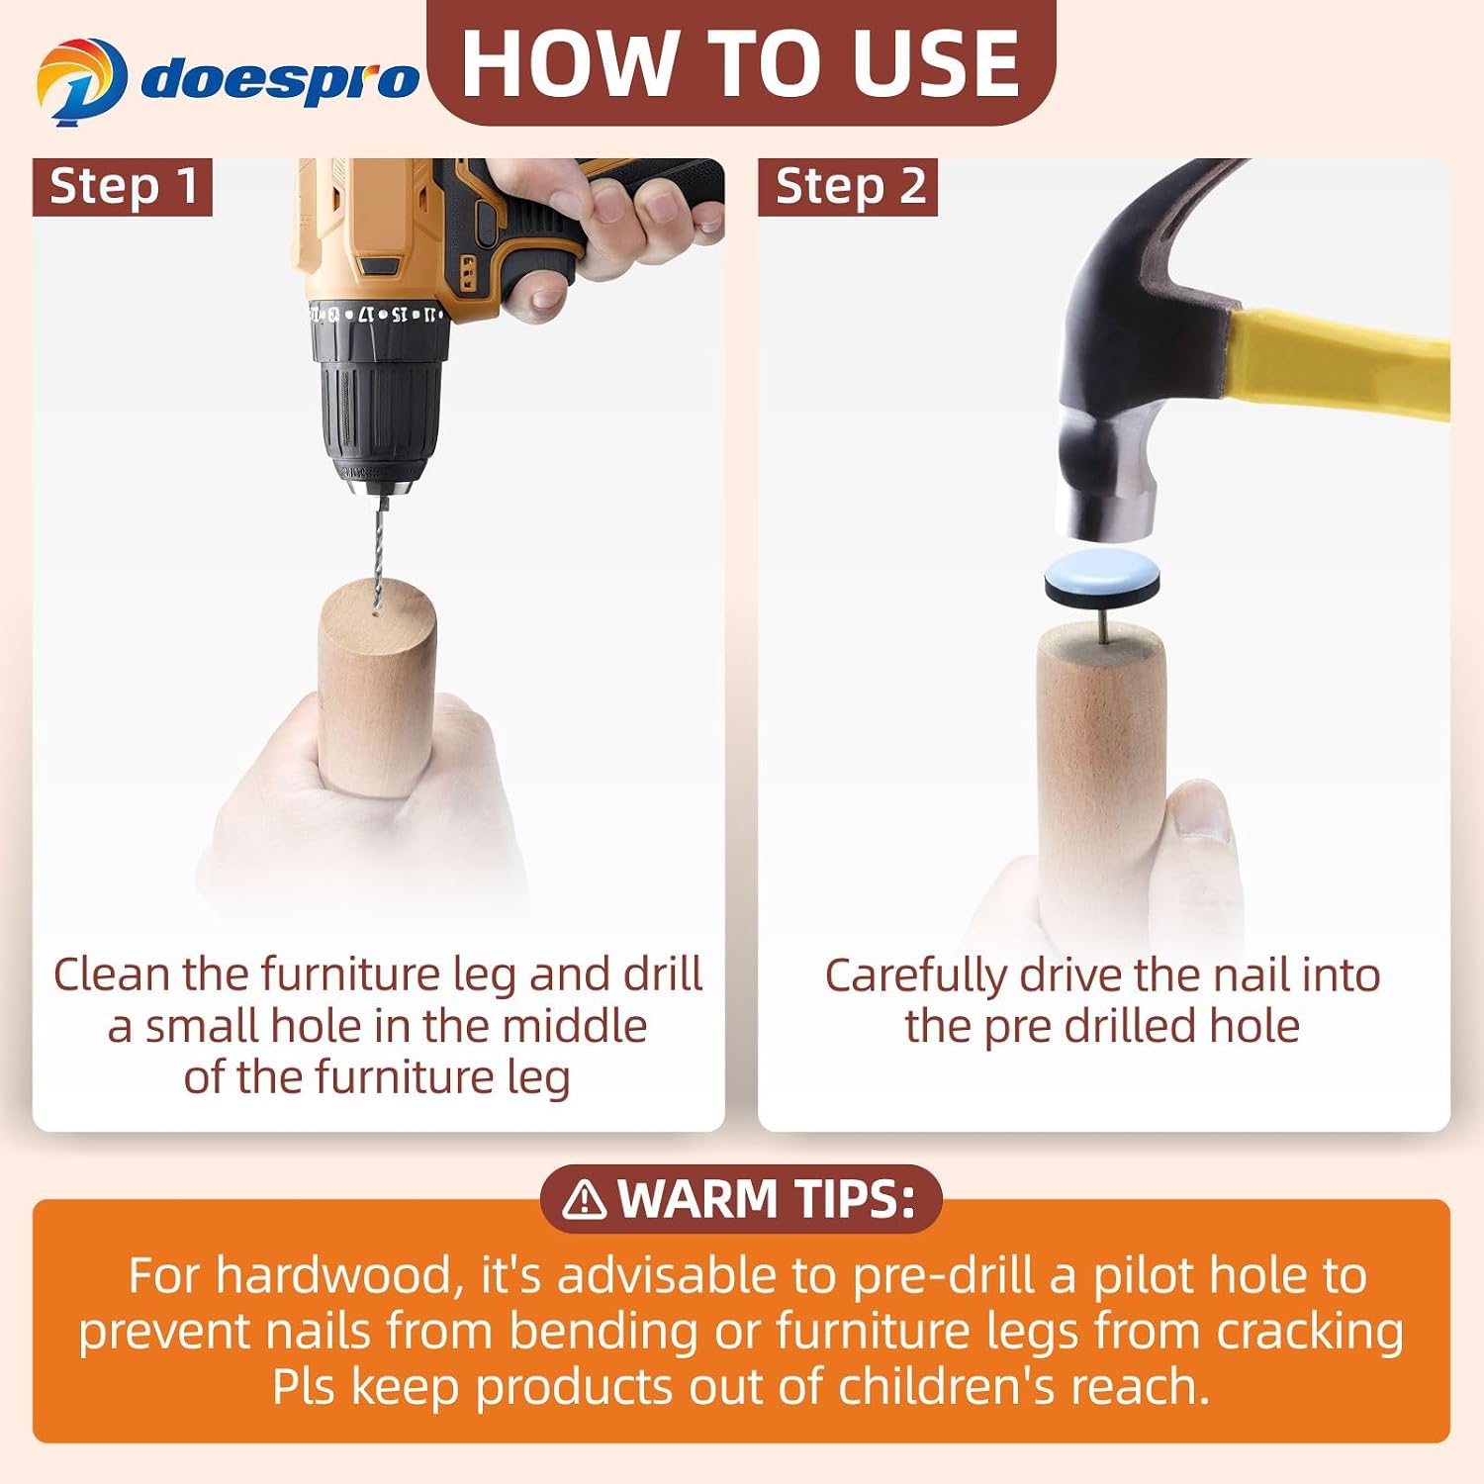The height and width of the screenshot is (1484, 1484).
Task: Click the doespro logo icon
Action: point(81,82)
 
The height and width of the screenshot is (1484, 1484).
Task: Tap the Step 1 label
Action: point(123,186)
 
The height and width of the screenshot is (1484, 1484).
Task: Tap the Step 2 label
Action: point(849,186)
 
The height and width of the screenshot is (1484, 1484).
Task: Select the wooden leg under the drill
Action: point(376,688)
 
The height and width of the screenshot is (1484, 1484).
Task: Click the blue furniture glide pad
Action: point(1102,578)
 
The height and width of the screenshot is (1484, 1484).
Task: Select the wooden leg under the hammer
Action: point(1102,782)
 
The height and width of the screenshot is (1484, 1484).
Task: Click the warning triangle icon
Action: point(584,1199)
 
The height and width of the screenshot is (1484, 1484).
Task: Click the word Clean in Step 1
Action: point(112,974)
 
